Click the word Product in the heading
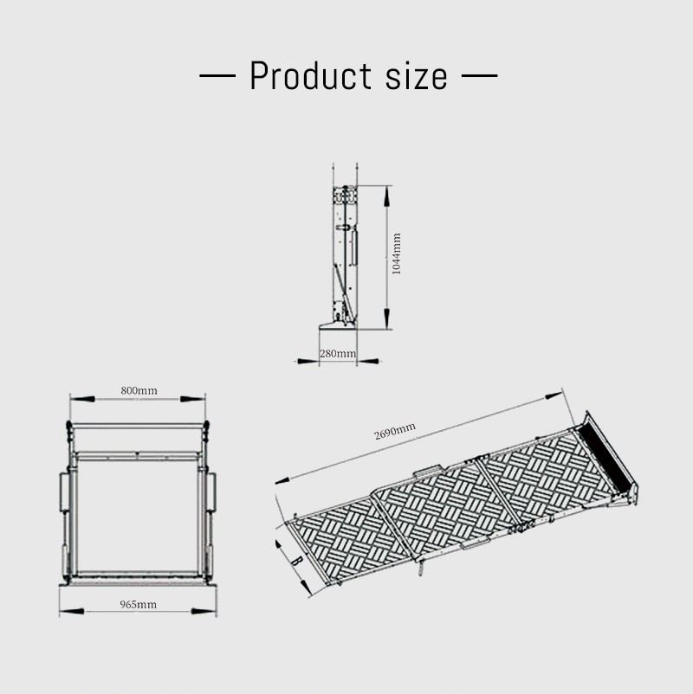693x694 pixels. point(310,75)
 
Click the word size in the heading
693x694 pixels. point(416,76)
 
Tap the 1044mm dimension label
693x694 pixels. point(397,254)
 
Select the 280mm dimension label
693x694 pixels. point(338,354)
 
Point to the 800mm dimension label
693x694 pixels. point(139,390)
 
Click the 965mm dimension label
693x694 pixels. point(139,605)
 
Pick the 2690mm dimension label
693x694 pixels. point(395,431)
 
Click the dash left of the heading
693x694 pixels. point(217,75)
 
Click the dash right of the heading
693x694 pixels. point(479,75)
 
